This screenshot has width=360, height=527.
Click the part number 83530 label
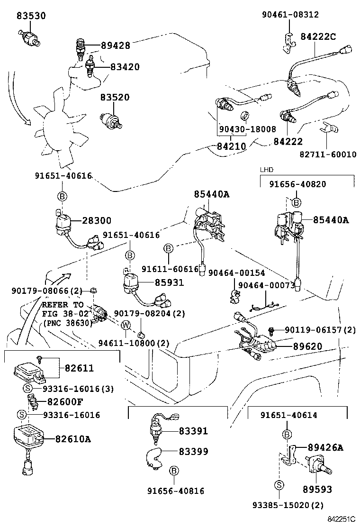(31, 16)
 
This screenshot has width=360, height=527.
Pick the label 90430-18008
(247, 129)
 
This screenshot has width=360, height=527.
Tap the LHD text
(267, 169)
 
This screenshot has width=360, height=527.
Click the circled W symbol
(126, 325)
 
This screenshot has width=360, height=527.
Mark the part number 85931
(170, 282)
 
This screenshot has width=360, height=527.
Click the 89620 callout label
(307, 346)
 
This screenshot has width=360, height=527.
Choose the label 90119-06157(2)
(320, 329)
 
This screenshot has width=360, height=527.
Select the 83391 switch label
(193, 431)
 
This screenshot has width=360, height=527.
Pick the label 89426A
(325, 447)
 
